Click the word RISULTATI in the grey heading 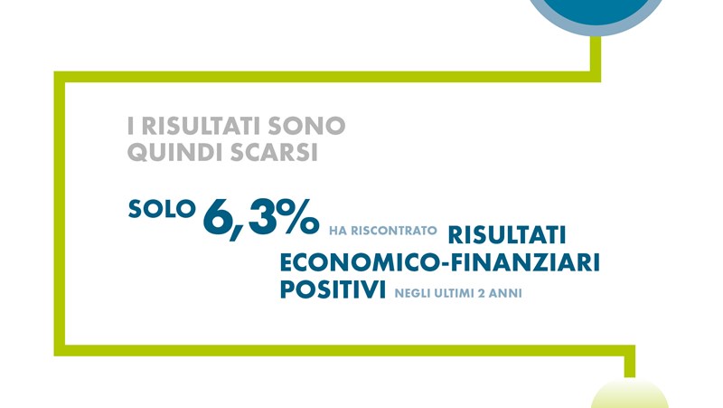[202, 127]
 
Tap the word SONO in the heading [307, 127]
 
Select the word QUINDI [175, 152]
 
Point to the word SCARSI [275, 152]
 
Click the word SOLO [162, 209]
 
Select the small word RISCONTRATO [394, 231]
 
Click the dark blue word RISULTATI [507, 235]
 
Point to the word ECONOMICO [359, 262]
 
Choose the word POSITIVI [333, 289]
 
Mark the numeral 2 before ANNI [482, 293]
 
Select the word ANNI [506, 293]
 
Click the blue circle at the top [596, 12]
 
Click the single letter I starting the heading [130, 127]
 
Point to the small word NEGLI [410, 293]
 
